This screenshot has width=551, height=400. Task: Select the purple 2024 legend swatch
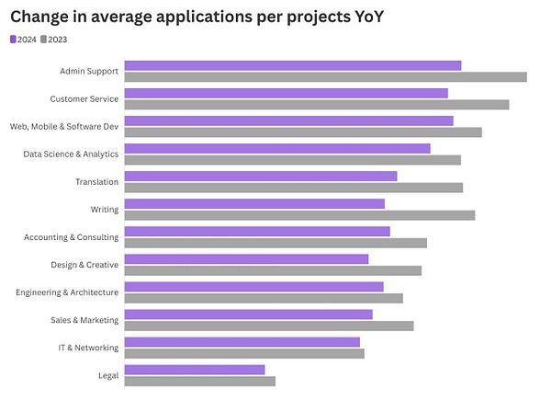pyautogui.click(x=13, y=40)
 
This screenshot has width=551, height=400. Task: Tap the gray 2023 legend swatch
pyautogui.click(x=43, y=40)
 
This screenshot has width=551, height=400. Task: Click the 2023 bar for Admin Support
pyautogui.click(x=325, y=76)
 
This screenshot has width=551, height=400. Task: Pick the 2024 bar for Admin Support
pyautogui.click(x=292, y=65)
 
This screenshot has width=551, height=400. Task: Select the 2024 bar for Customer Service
pyautogui.click(x=286, y=93)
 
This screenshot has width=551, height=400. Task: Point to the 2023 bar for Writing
pyautogui.click(x=299, y=214)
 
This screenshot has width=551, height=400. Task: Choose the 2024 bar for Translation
pyautogui.click(x=260, y=176)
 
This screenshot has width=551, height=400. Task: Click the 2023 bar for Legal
pyautogui.click(x=199, y=381)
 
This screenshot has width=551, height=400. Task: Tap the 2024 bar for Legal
pyautogui.click(x=194, y=370)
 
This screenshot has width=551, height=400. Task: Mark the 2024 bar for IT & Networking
pyautogui.click(x=242, y=342)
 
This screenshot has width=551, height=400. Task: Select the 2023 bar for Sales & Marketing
pyautogui.click(x=268, y=326)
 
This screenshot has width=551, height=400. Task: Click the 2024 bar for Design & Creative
pyautogui.click(x=246, y=259)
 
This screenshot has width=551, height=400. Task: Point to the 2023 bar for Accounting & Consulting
pyautogui.click(x=275, y=243)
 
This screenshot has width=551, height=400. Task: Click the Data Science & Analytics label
pyautogui.click(x=71, y=154)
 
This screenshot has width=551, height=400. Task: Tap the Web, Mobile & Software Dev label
pyautogui.click(x=64, y=126)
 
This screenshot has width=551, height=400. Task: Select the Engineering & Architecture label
pyautogui.click(x=67, y=292)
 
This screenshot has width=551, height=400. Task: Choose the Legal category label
pyautogui.click(x=107, y=375)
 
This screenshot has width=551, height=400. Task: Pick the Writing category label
pyautogui.click(x=104, y=209)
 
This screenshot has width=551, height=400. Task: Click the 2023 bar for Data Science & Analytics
pyautogui.click(x=292, y=159)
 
